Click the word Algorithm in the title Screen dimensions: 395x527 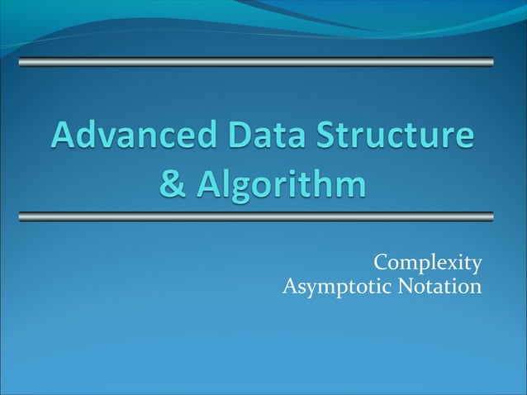pyautogui.click(x=282, y=183)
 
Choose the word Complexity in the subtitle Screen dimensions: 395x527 pyautogui.click(x=427, y=263)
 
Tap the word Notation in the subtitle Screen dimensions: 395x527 pyautogui.click(x=439, y=287)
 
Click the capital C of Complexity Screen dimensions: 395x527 pyautogui.click(x=381, y=263)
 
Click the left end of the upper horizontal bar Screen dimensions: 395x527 pyautogui.click(x=21, y=62)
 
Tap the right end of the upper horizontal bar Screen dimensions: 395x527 pyautogui.click(x=491, y=62)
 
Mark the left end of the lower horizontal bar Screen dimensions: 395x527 pyautogui.click(x=21, y=217)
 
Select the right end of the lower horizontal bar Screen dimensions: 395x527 pyautogui.click(x=491, y=217)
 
